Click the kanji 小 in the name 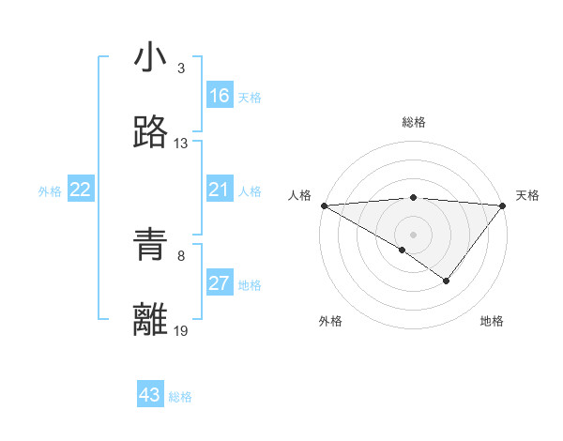click(151, 58)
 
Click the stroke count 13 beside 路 click(181, 144)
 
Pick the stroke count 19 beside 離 click(181, 330)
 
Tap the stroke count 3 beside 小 click(181, 68)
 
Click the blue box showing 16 click(219, 96)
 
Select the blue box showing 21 click(219, 190)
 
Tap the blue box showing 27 click(219, 283)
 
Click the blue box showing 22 click(81, 190)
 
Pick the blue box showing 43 click(150, 395)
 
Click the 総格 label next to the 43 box click(180, 397)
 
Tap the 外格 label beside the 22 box click(50, 191)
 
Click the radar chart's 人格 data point click(323, 205)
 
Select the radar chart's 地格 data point click(447, 281)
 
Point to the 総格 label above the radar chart click(414, 122)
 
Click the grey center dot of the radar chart click(413, 235)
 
